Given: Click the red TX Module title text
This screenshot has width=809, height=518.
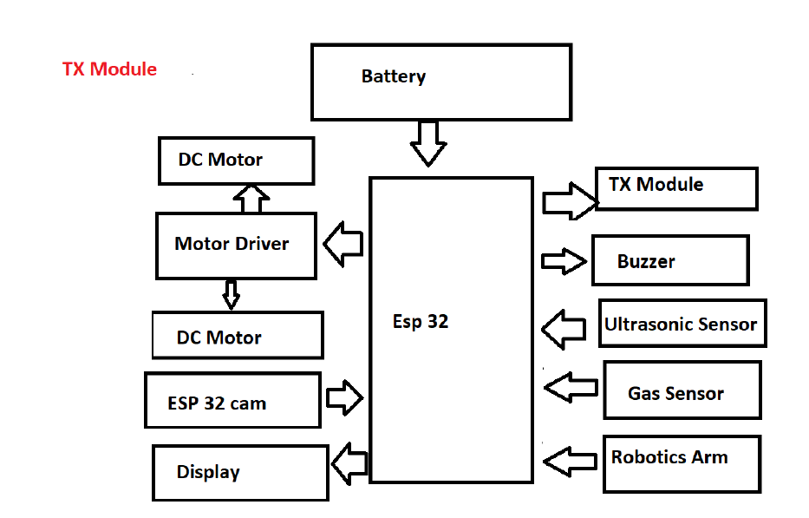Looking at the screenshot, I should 109,69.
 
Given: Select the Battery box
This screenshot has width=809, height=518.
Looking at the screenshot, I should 440,82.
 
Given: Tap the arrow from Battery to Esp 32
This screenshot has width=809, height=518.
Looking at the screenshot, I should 427,142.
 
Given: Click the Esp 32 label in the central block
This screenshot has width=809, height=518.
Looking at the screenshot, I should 421,322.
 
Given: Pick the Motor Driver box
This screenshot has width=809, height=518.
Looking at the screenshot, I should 236,246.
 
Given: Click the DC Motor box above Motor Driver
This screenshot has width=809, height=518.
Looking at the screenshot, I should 236,161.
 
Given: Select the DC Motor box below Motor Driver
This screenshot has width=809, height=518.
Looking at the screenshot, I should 238,336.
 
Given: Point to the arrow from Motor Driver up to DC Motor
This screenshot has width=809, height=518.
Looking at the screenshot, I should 251,198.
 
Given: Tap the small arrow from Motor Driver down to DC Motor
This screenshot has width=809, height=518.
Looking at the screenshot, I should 231,294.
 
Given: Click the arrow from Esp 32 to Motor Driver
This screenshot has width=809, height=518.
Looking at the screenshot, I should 343,243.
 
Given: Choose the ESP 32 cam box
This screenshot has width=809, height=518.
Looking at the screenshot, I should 232,400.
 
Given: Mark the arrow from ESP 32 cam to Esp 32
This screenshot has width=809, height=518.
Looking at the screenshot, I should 344,398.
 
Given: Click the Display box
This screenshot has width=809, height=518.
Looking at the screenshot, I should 240,472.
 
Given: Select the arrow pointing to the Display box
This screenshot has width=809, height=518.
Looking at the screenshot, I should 350,463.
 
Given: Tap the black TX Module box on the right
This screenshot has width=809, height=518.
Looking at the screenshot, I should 676,188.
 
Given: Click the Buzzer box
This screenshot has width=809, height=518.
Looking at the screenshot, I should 669,260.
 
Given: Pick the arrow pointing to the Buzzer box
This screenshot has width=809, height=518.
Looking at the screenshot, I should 564,261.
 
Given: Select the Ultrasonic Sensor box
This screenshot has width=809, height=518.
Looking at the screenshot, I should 682,324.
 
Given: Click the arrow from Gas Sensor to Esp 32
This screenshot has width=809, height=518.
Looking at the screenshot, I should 571,386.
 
